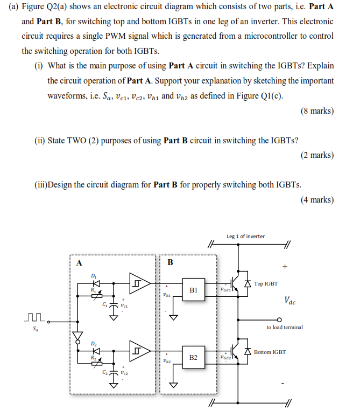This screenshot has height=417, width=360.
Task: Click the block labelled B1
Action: coord(194,289)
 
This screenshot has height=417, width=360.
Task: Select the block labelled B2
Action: coord(194,358)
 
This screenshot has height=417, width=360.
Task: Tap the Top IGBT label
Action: coord(266,283)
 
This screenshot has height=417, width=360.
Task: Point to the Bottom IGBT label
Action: coord(270,352)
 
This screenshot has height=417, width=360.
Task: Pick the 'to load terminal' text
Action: coord(285,327)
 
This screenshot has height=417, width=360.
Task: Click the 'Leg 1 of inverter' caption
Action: coord(245,236)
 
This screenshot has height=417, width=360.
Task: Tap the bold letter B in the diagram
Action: coord(171,263)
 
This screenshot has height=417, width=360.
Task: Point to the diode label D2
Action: coord(94,344)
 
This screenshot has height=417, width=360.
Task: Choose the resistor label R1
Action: coord(94,289)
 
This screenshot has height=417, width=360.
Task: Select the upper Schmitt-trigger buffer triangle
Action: coord(142,282)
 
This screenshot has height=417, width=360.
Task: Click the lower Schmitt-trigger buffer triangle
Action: coord(142,351)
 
